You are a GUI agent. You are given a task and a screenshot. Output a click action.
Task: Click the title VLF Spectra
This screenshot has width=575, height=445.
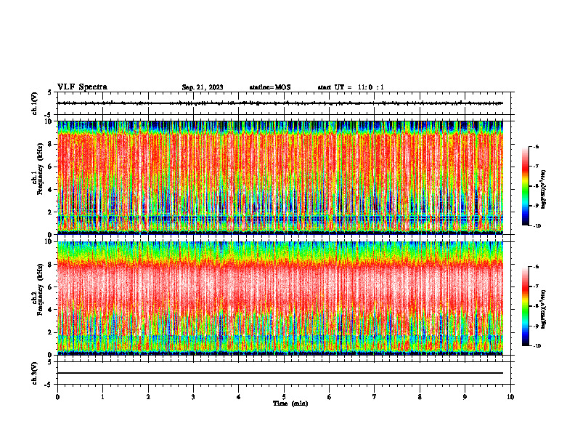pyautogui.click(x=82, y=87)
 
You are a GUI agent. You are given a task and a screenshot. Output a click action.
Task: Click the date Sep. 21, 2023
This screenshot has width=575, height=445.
pyautogui.click(x=203, y=87)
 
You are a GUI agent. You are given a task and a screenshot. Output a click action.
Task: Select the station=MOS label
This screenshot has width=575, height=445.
pyautogui.click(x=269, y=87)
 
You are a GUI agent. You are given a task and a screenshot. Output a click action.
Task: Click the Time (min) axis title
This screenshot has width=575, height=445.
pyautogui.click(x=290, y=403)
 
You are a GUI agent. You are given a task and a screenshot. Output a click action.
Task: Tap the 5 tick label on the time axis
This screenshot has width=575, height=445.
pyautogui.click(x=284, y=396)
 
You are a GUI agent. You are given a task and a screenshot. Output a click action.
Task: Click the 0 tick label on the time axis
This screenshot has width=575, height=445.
pyautogui.click(x=57, y=396)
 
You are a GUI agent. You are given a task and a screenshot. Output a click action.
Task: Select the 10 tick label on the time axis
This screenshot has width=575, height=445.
pyautogui.click(x=510, y=396)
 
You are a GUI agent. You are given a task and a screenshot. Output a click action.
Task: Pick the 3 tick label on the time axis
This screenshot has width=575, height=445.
pyautogui.click(x=193, y=396)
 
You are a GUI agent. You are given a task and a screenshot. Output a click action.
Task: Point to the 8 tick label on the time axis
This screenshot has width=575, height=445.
pyautogui.click(x=420, y=396)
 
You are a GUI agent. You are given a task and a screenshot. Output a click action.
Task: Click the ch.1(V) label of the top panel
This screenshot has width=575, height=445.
pyautogui.click(x=34, y=103)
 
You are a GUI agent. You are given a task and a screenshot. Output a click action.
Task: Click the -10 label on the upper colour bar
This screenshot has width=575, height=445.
pyautogui.click(x=537, y=226)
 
